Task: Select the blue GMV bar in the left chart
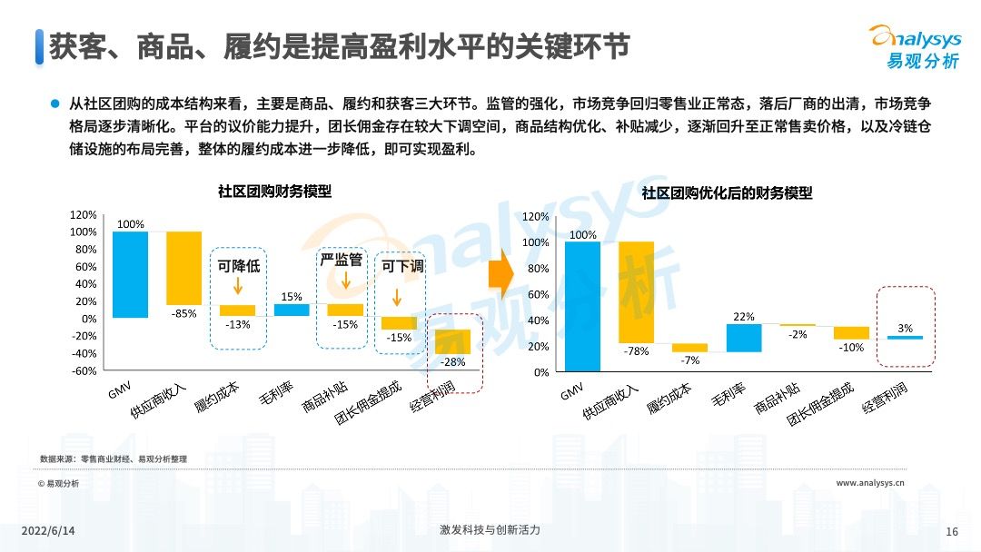(130, 274)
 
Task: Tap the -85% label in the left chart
(183, 314)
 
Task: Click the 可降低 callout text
(239, 267)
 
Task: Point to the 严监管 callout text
(342, 261)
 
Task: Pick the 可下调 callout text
(402, 267)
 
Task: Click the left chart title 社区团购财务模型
(274, 192)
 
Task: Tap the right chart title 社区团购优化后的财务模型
(727, 193)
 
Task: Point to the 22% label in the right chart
(744, 316)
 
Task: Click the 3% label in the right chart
(904, 328)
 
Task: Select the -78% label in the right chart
(637, 351)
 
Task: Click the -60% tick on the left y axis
(84, 370)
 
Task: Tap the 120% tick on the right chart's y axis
(537, 217)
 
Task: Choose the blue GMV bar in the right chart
(582, 306)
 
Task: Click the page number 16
(953, 531)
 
